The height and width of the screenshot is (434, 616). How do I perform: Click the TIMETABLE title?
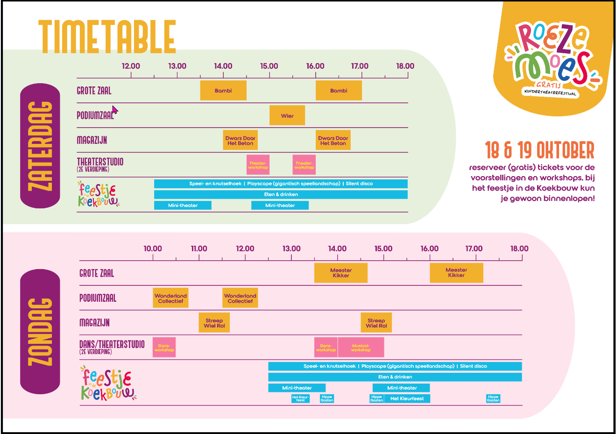(107, 37)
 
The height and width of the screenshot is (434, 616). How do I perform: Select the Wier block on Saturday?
(287, 115)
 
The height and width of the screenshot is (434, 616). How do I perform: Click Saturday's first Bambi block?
(223, 91)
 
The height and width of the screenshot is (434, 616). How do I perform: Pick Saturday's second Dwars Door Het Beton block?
(333, 140)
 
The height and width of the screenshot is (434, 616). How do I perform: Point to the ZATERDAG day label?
(40, 146)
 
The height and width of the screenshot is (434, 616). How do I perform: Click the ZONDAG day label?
(40, 332)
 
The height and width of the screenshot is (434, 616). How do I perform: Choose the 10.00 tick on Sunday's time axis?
(153, 257)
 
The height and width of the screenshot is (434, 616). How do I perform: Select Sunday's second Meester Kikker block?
(456, 273)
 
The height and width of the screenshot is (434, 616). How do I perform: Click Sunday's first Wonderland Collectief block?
(170, 298)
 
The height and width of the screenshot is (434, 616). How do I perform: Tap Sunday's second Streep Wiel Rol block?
(376, 323)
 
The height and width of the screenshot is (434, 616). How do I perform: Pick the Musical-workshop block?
(361, 348)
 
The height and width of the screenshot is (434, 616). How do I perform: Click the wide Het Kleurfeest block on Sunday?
(407, 398)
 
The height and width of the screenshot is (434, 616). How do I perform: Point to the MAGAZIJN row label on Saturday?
(92, 140)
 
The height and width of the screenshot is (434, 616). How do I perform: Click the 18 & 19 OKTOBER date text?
(539, 150)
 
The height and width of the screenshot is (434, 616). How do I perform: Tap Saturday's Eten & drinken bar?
(281, 194)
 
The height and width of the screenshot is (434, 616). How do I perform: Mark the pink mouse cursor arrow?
(114, 109)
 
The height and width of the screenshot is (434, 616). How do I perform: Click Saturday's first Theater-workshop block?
(258, 165)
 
